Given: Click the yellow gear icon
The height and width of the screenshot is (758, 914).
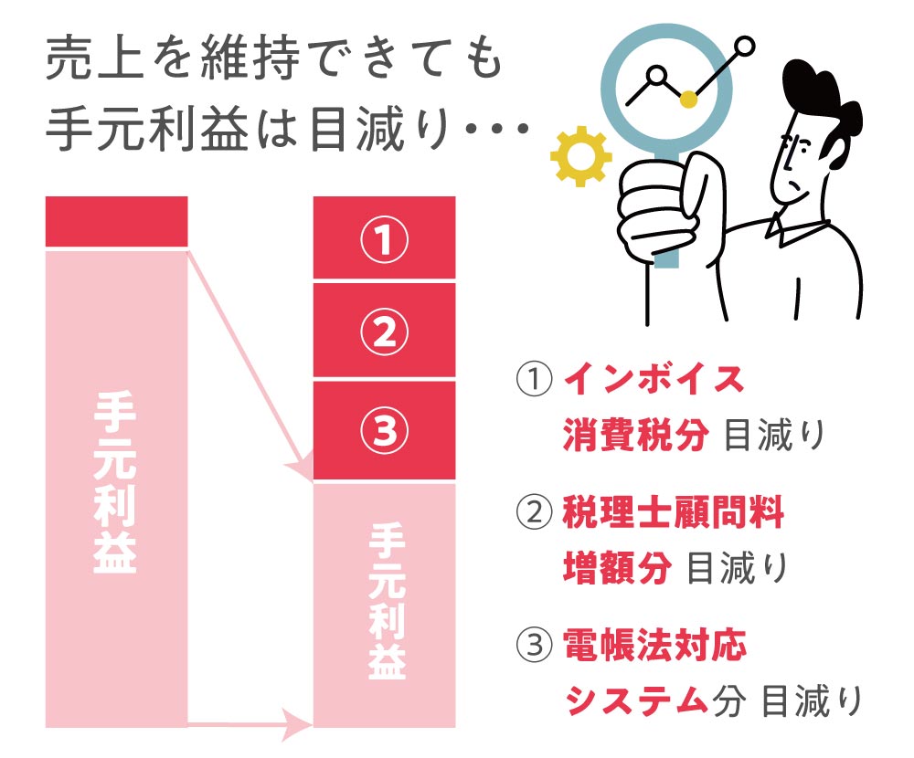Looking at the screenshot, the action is (581, 156).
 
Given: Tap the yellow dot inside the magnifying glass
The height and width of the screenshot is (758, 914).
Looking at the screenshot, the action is (688, 99).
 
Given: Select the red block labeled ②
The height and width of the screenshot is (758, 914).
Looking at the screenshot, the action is (384, 331).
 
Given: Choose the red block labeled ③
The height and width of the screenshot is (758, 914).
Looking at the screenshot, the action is (384, 430).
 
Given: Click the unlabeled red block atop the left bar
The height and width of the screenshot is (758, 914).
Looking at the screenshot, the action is (117, 221).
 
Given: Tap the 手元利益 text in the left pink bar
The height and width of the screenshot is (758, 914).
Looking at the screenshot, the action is (115, 482).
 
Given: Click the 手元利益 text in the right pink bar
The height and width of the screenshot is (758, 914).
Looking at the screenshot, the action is (387, 601).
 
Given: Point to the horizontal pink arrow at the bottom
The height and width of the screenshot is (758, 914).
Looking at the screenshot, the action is (250, 725).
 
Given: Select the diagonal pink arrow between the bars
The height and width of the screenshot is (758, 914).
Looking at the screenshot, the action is (250, 367).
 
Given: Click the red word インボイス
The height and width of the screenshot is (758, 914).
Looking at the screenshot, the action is (654, 379).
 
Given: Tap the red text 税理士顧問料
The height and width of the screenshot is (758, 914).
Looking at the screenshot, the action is (674, 512).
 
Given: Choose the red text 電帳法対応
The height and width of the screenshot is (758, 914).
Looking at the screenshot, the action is (654, 645).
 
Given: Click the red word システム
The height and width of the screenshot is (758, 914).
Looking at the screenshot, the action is (636, 700).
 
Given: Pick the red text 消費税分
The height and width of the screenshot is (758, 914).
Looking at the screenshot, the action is (636, 435).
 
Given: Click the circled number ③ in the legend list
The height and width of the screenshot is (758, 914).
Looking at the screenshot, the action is (534, 645).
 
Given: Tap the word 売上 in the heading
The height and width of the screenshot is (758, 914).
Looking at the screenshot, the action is (94, 58).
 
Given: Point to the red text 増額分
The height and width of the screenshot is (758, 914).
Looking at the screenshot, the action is (617, 567).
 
